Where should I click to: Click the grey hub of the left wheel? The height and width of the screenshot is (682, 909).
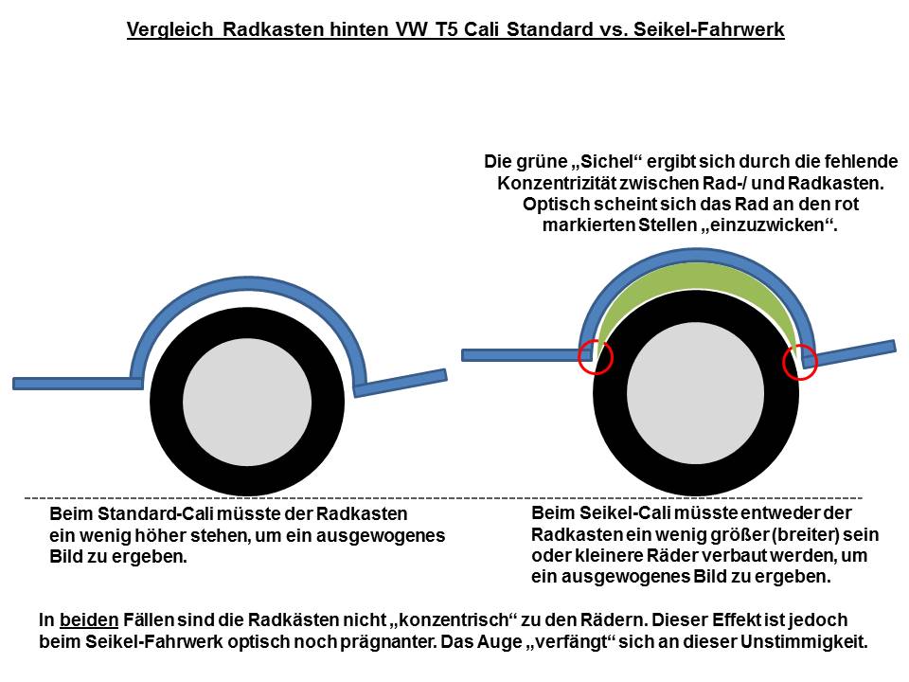click(x=247, y=402)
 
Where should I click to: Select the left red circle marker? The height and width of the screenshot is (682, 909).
click(x=596, y=357)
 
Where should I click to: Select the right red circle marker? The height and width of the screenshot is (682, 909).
click(x=800, y=362)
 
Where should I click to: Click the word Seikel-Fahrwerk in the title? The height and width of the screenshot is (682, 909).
click(x=708, y=29)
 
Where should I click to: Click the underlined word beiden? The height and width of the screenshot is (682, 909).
click(x=89, y=619)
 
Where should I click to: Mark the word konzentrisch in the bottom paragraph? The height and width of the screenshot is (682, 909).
click(x=454, y=619)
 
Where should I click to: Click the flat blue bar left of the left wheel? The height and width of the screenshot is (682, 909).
click(x=78, y=384)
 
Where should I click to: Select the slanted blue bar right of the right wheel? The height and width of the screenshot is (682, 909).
click(x=850, y=353)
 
